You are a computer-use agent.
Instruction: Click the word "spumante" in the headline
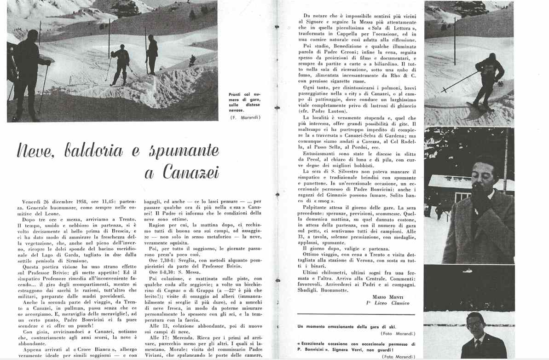click(185, 151)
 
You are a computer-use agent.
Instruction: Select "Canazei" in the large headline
click(190, 172)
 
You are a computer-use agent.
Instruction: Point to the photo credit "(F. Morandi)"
click(245, 117)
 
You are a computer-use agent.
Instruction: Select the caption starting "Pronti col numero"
click(244, 103)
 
